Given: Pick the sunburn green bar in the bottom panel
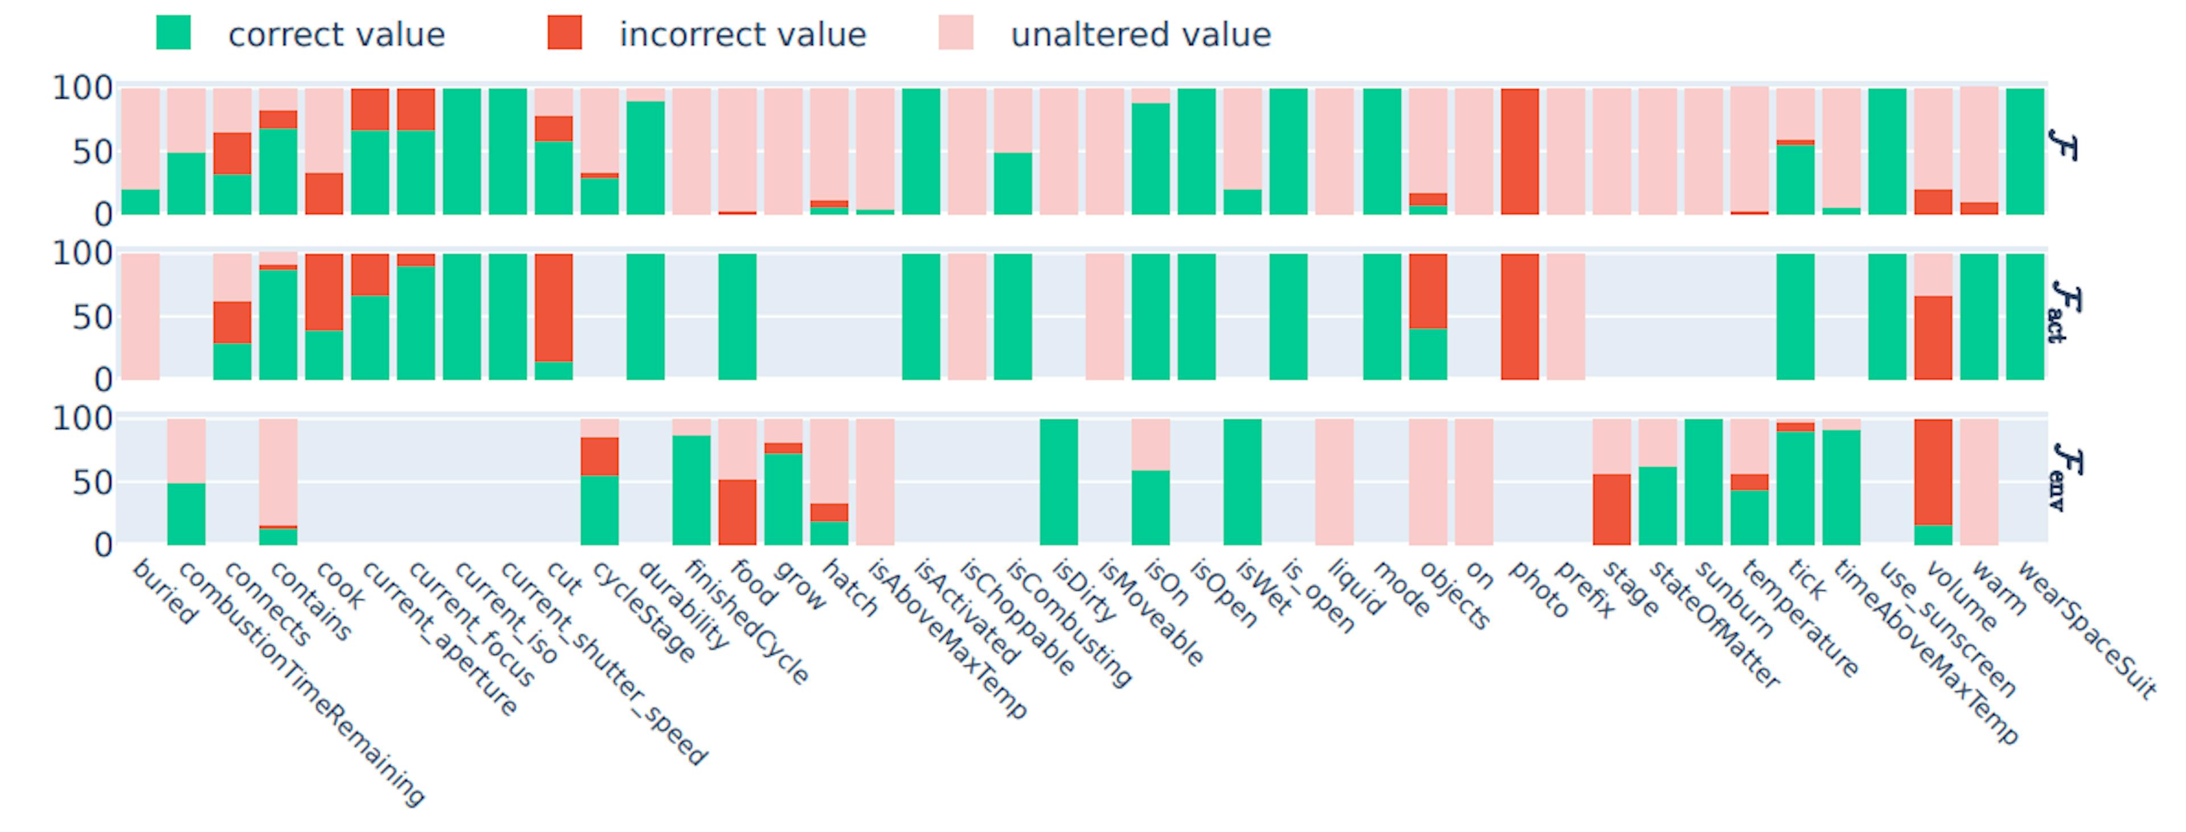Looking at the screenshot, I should tap(1703, 481).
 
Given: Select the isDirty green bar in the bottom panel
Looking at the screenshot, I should tap(1058, 481).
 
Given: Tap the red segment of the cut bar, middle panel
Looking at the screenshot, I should tap(553, 307).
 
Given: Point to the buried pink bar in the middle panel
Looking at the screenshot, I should tap(140, 316).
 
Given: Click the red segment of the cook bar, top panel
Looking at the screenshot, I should tap(324, 193).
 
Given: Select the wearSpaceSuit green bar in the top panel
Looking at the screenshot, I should tap(2025, 151).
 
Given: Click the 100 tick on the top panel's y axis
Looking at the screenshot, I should tap(83, 88).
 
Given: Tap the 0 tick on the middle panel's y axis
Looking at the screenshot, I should tap(102, 380).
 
